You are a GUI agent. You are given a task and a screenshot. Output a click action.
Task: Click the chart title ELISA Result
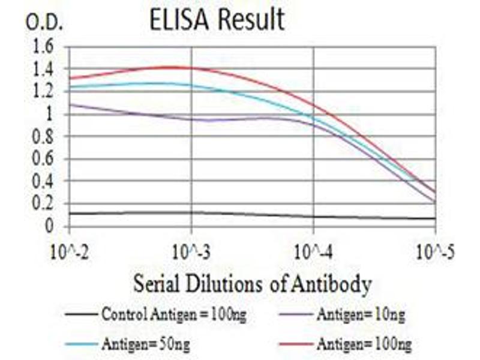[x=217, y=20]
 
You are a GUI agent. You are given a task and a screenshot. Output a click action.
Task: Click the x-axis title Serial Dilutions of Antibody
[x=252, y=282]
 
